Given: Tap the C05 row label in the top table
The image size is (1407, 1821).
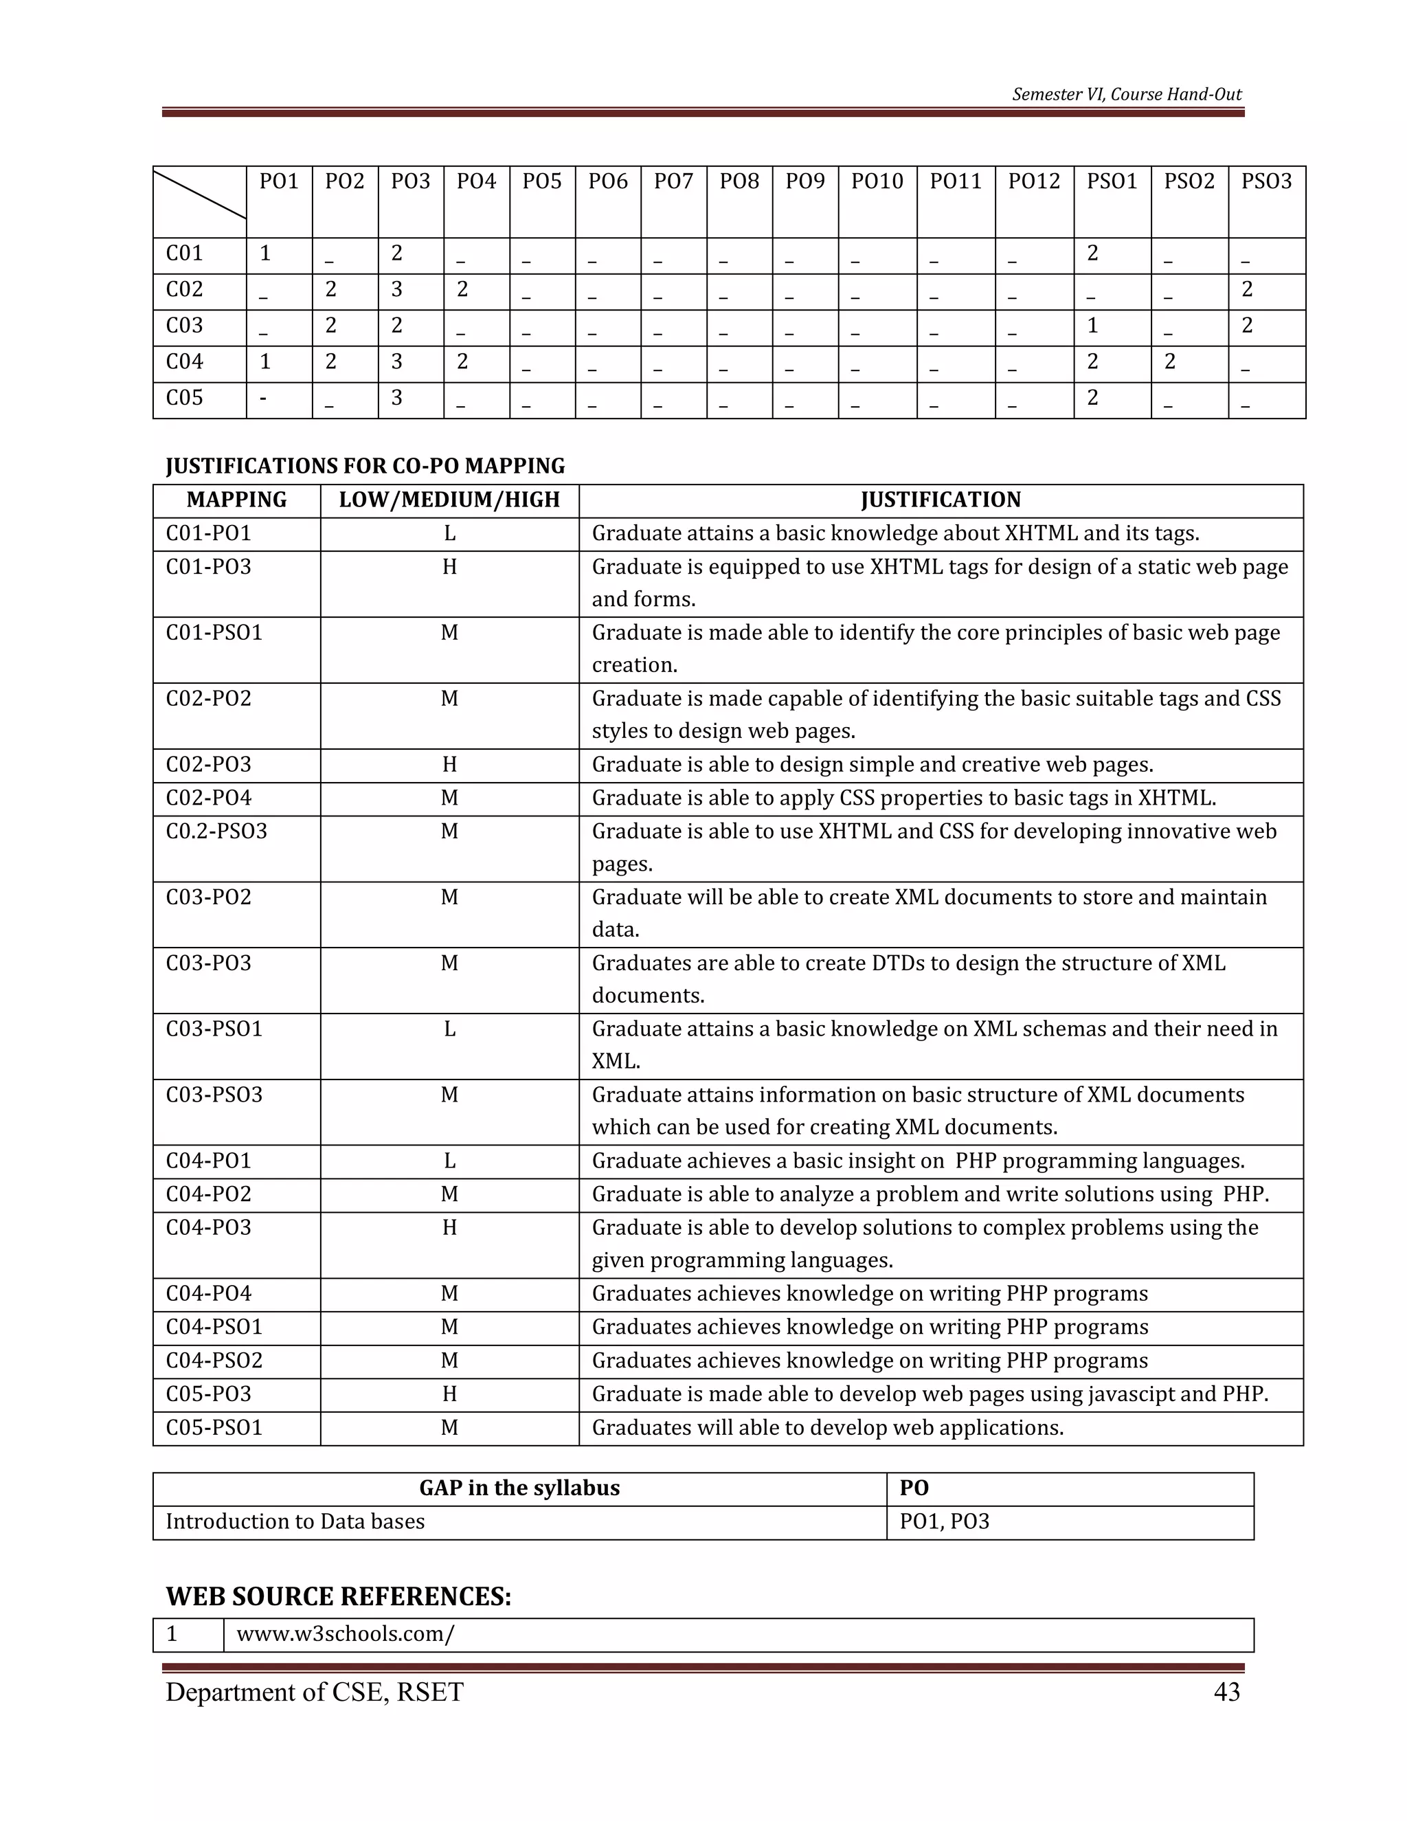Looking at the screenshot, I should [184, 398].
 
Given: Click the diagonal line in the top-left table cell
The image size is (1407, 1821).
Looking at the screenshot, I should [200, 194].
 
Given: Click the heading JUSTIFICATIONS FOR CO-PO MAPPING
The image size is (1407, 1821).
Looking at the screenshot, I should [365, 465].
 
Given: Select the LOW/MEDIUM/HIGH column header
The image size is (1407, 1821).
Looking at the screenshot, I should [449, 500].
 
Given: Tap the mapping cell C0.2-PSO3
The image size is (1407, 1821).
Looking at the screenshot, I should [216, 831].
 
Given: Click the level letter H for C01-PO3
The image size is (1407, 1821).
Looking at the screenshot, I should [449, 567].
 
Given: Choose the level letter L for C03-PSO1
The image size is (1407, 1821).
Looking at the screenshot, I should [449, 1029].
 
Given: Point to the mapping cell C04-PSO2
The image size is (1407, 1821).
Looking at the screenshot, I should [214, 1361].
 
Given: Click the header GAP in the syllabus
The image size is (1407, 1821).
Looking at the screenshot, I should [519, 1488].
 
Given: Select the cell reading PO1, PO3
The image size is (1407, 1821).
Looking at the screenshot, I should [945, 1521].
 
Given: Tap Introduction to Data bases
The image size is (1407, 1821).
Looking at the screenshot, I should [295, 1521].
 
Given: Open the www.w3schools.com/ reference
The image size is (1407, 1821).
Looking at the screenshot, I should [345, 1633].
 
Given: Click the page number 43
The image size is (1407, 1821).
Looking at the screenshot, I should [1226, 1692].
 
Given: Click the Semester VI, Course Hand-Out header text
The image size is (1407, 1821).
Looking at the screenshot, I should [1126, 94].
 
